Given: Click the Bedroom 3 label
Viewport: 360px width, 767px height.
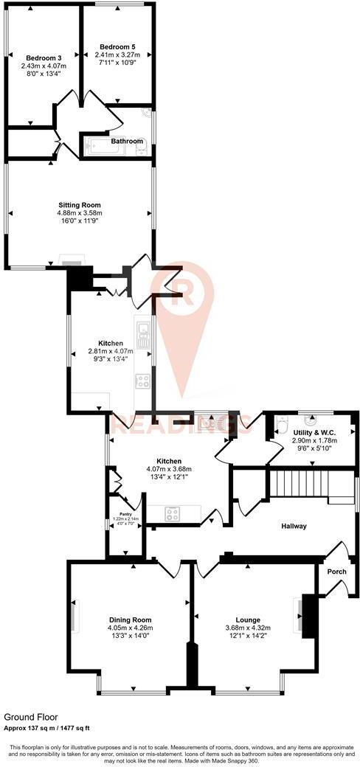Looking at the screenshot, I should point(44,58).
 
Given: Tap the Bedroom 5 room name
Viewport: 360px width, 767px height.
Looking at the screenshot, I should point(118,46).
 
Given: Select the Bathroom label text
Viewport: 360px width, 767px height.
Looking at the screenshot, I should point(127,141).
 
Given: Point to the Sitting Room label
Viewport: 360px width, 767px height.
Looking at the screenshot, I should point(80,205).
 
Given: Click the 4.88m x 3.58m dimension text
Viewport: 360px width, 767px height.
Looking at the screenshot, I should point(80,213).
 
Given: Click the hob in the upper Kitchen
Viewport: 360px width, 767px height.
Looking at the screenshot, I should point(142,381).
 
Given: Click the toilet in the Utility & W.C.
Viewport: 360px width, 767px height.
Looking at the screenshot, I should point(281,426).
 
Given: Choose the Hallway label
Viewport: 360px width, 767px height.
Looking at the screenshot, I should point(293,526).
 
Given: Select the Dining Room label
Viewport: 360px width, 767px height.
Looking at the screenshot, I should point(130,619).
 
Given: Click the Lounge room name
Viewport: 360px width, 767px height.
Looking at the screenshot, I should point(248,619).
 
